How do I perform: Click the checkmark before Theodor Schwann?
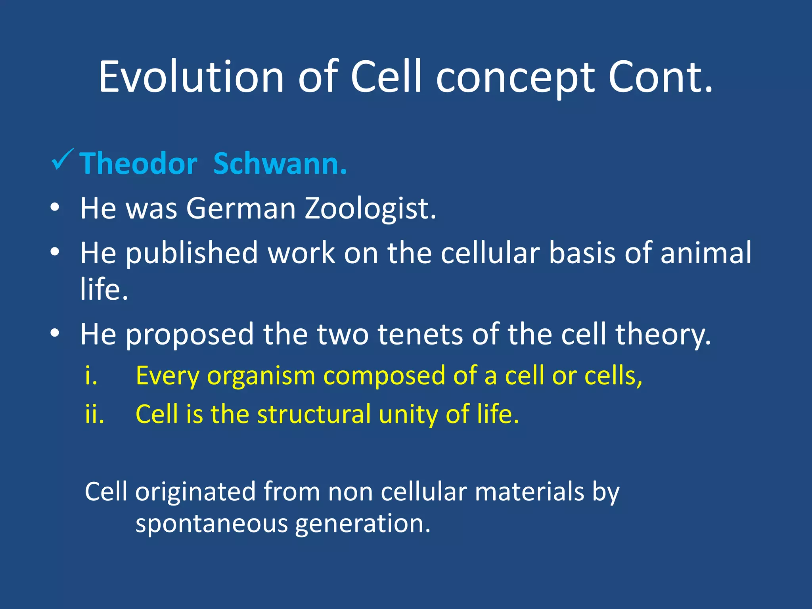62,159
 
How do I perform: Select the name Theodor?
138,163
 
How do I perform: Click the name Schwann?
280,163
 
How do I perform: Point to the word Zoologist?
370,209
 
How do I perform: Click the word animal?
706,253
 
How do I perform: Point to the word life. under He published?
104,289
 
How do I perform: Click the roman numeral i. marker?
91,375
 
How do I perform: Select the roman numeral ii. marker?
94,414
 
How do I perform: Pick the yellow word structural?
314,414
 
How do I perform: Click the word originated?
195,492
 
